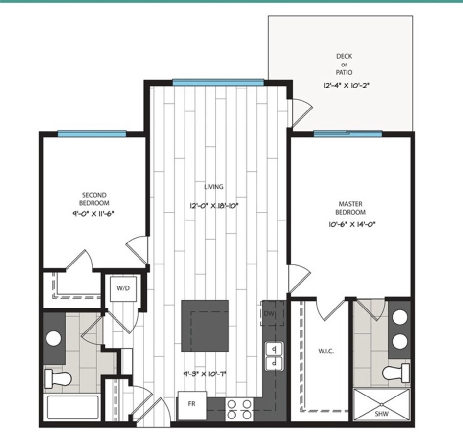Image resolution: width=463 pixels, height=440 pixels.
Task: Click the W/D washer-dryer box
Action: pyautogui.click(x=123, y=289)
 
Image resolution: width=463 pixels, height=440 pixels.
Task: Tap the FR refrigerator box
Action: pyautogui.click(x=192, y=405)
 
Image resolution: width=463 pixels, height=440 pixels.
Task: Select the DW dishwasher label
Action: pyautogui.click(x=269, y=314)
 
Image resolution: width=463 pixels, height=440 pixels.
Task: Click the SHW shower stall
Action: pyautogui.click(x=382, y=404)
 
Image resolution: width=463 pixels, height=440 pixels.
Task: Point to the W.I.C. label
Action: pyautogui.click(x=326, y=351)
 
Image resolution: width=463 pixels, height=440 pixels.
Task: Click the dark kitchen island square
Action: pyautogui.click(x=205, y=326)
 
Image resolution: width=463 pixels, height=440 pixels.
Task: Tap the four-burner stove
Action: pyautogui.click(x=239, y=409)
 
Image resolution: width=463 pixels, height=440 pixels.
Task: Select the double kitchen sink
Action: pyautogui.click(x=274, y=356)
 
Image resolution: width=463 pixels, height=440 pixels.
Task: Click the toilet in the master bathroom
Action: pyautogui.click(x=396, y=373)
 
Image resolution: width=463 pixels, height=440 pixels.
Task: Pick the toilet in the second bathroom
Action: pyautogui.click(x=58, y=378)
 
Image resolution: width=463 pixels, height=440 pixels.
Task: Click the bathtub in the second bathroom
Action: pyautogui.click(x=72, y=407)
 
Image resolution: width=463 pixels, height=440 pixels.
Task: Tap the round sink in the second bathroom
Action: pyautogui.click(x=54, y=338)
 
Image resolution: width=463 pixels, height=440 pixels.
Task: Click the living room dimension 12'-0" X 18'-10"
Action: pyautogui.click(x=214, y=206)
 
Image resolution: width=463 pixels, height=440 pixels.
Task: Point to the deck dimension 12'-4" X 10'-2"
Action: pyautogui.click(x=346, y=86)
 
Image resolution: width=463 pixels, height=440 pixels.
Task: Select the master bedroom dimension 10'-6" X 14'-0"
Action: pyautogui.click(x=352, y=224)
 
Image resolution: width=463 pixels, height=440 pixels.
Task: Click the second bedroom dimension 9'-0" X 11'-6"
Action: pyautogui.click(x=93, y=213)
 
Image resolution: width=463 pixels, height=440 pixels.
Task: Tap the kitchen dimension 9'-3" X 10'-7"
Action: pyautogui.click(x=205, y=374)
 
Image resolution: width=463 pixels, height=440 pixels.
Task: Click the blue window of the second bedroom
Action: pyautogui.click(x=92, y=133)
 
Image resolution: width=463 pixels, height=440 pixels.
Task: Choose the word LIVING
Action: pyautogui.click(x=214, y=187)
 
